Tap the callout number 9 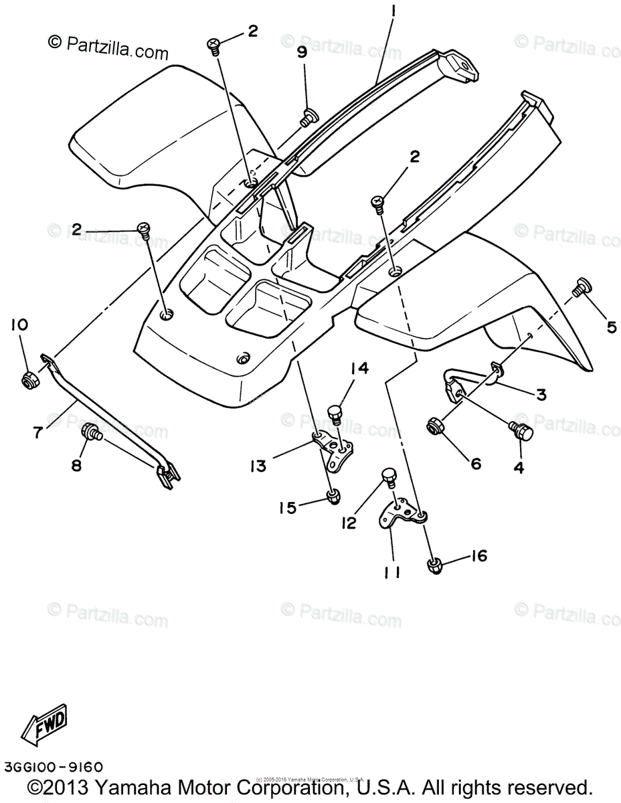[302, 53]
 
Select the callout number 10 [19, 325]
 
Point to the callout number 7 [37, 432]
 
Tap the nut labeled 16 [435, 565]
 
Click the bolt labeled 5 [579, 290]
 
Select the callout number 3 [541, 395]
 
